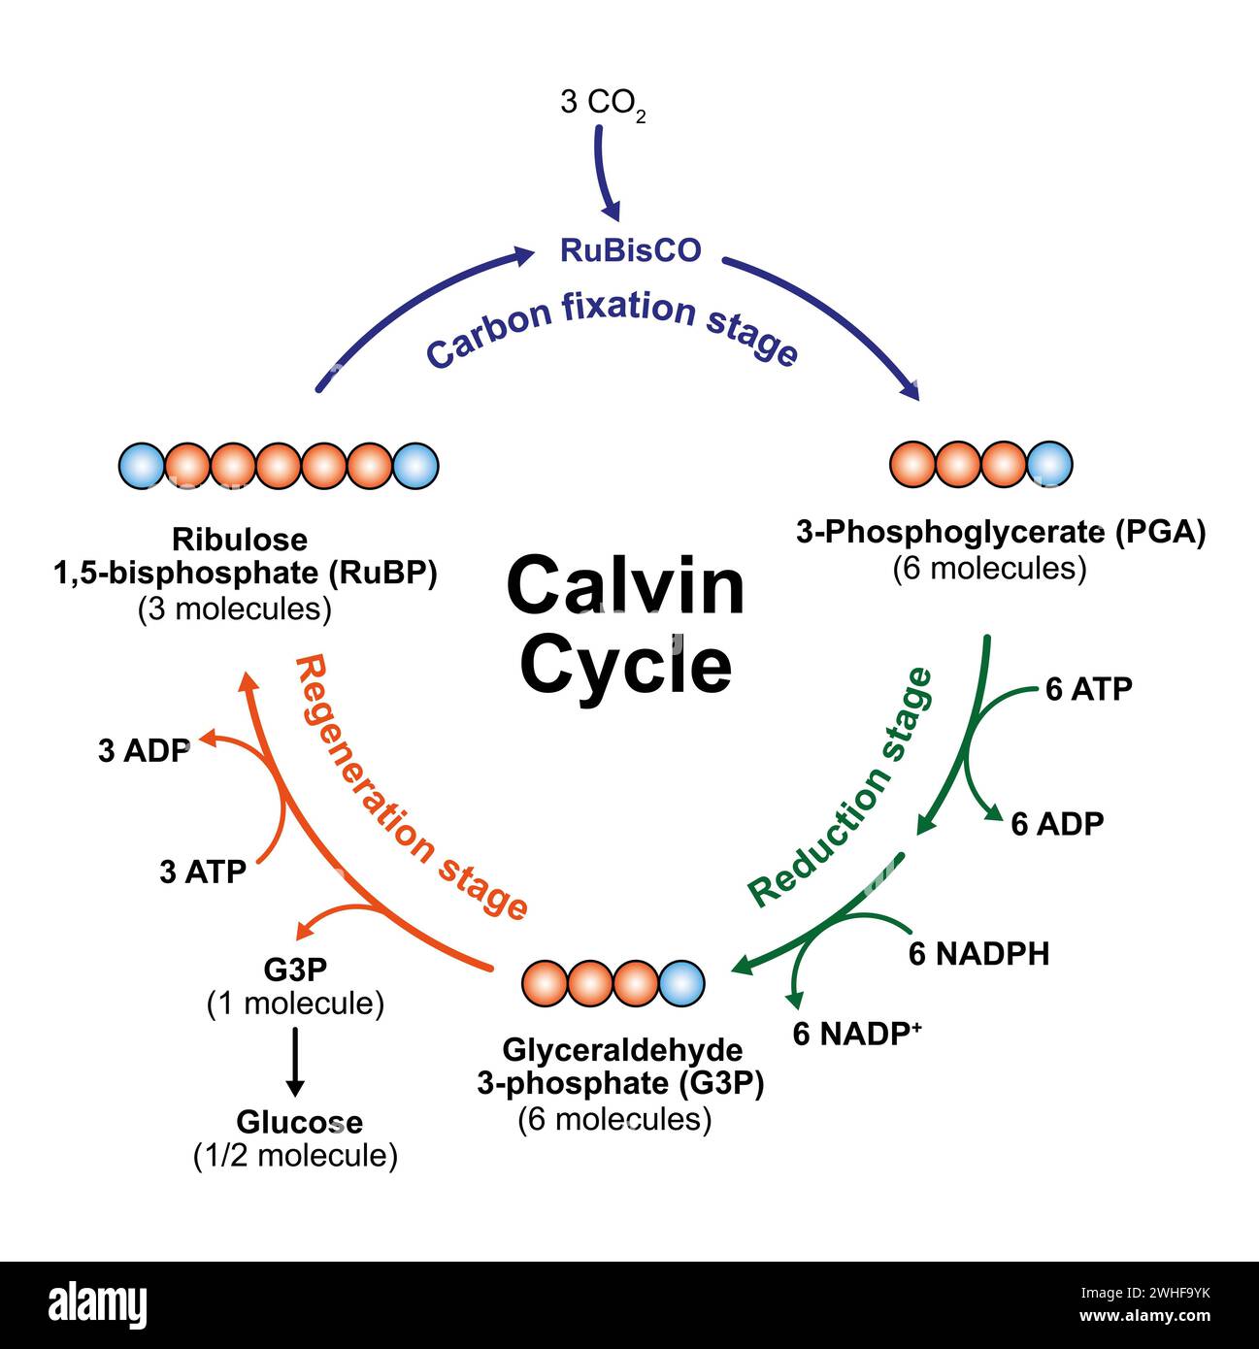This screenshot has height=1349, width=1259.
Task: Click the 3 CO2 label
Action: coord(602,103)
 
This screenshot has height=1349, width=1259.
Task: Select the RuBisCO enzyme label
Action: coord(630,250)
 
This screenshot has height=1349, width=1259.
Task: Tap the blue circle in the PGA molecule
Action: coord(1049,464)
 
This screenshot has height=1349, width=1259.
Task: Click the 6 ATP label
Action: coord(1088,689)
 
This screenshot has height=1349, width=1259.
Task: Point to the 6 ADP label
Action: coord(1057,824)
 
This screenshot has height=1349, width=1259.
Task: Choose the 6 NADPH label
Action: coord(978,954)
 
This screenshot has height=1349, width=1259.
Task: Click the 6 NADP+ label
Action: coord(856,1034)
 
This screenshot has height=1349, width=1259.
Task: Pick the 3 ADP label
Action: coord(144,750)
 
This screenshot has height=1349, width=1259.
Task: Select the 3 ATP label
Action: coord(203,872)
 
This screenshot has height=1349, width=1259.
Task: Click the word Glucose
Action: coord(299,1122)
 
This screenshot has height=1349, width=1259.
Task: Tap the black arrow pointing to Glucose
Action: coord(296,1062)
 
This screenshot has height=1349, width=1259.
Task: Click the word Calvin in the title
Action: coord(625,587)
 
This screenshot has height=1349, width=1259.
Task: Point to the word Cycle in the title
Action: coord(626,664)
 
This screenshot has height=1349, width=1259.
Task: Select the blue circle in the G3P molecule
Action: coord(681,982)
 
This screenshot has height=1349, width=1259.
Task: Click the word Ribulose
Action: coord(240,539)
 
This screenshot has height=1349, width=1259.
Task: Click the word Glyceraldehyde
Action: coord(622,1050)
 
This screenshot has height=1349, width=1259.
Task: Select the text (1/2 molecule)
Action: coord(295,1156)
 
